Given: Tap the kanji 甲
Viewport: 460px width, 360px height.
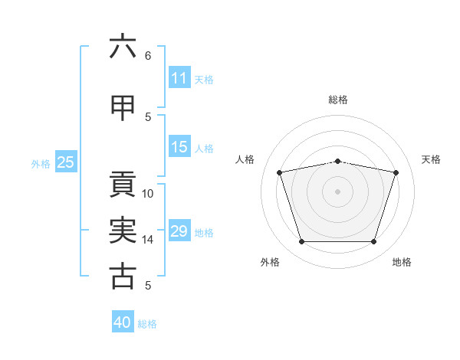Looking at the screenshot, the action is (123, 108).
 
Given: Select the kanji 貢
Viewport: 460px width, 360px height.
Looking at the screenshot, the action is (123, 184).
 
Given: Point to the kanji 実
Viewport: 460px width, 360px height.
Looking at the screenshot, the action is (123, 230).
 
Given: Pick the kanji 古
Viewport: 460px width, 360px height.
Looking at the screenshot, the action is (123, 277).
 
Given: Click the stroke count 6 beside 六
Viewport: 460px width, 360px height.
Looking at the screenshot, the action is (148, 56).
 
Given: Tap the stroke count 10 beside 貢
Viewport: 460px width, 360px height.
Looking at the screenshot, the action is (147, 194).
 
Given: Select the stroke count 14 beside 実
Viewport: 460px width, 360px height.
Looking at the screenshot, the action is (147, 240).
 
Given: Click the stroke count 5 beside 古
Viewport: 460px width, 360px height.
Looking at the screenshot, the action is (148, 285).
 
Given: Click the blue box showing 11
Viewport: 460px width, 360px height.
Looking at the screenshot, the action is (179, 77).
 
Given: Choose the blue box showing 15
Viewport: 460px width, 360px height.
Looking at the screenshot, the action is (179, 146).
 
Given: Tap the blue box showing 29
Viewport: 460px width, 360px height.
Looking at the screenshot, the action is (179, 230).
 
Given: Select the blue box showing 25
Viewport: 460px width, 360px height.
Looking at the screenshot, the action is (66, 162).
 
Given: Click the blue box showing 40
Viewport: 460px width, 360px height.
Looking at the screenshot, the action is (123, 321).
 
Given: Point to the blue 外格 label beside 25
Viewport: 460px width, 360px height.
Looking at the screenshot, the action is (41, 164).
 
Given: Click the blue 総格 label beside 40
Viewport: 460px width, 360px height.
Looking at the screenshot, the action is (147, 324).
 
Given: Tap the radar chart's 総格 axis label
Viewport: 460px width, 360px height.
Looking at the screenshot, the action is (338, 100).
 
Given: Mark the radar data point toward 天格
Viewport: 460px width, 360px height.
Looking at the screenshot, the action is (396, 172).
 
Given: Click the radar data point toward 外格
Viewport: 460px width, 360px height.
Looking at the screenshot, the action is (302, 241).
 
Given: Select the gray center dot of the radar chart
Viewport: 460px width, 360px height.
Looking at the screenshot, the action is (337, 191).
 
